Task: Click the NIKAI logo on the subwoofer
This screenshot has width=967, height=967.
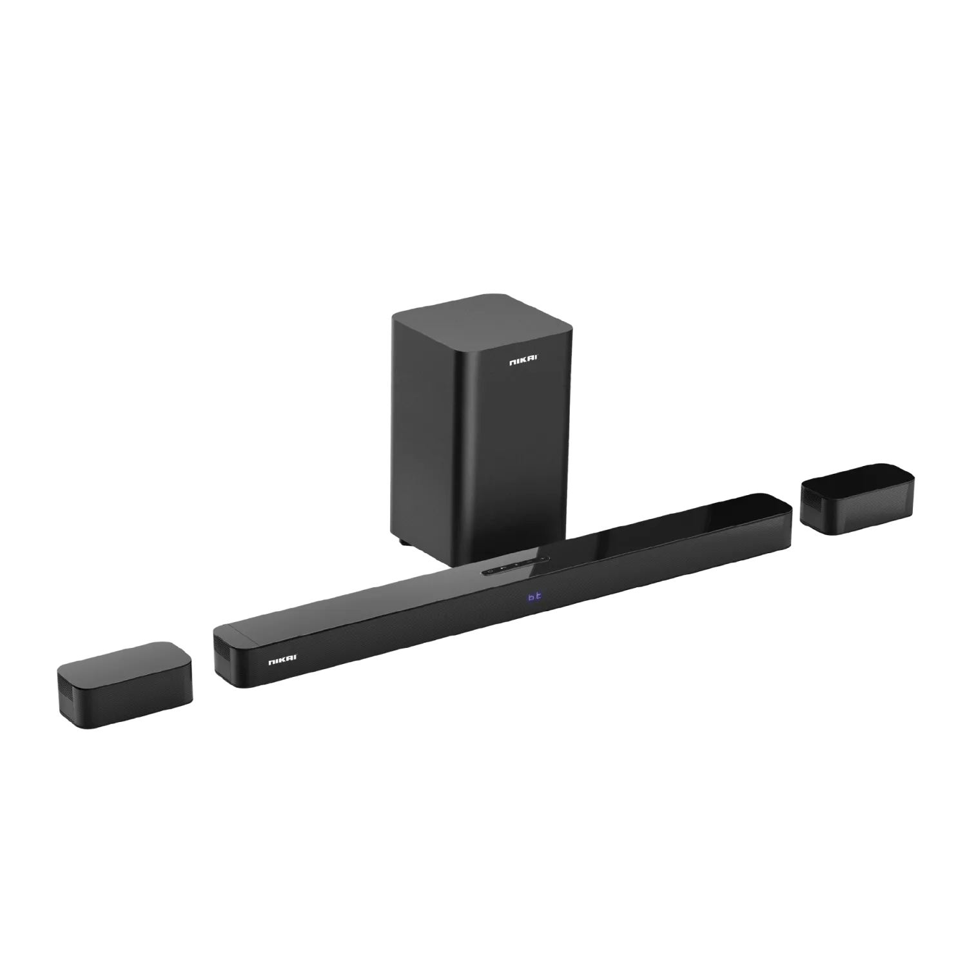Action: point(522,362)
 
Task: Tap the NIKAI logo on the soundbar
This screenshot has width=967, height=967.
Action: point(282,658)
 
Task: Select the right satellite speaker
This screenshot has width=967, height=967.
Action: point(857,498)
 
